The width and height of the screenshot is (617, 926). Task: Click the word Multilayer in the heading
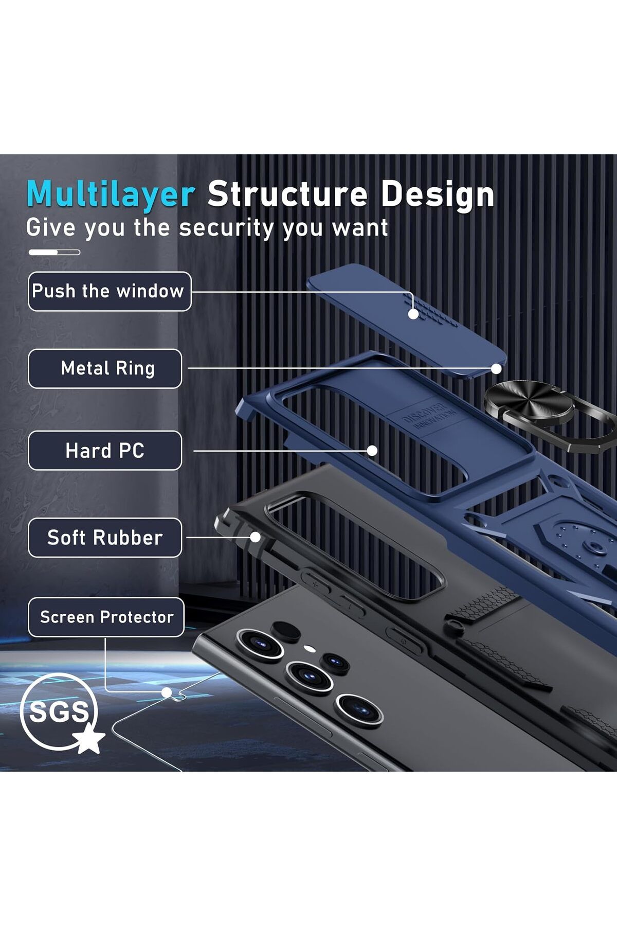tap(111, 194)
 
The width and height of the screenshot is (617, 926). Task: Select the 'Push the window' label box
tap(110, 291)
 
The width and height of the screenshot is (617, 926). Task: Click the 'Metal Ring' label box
tap(105, 368)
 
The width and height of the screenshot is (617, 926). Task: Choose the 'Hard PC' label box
tap(105, 451)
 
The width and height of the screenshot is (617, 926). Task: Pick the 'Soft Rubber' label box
tap(105, 538)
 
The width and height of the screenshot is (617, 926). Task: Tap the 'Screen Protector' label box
tap(106, 617)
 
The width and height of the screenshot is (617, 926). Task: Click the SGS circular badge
tap(58, 711)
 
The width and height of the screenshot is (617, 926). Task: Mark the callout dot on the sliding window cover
tap(413, 314)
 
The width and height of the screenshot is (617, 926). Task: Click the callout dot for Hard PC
tap(372, 451)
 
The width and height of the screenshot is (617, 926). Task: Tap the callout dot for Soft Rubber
tap(255, 537)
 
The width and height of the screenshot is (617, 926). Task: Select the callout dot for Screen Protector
tap(167, 692)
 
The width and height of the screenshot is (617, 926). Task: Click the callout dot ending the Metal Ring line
tap(496, 369)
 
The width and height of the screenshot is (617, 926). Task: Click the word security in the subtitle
tap(226, 228)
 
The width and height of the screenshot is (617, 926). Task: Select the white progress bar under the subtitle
tap(54, 252)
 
